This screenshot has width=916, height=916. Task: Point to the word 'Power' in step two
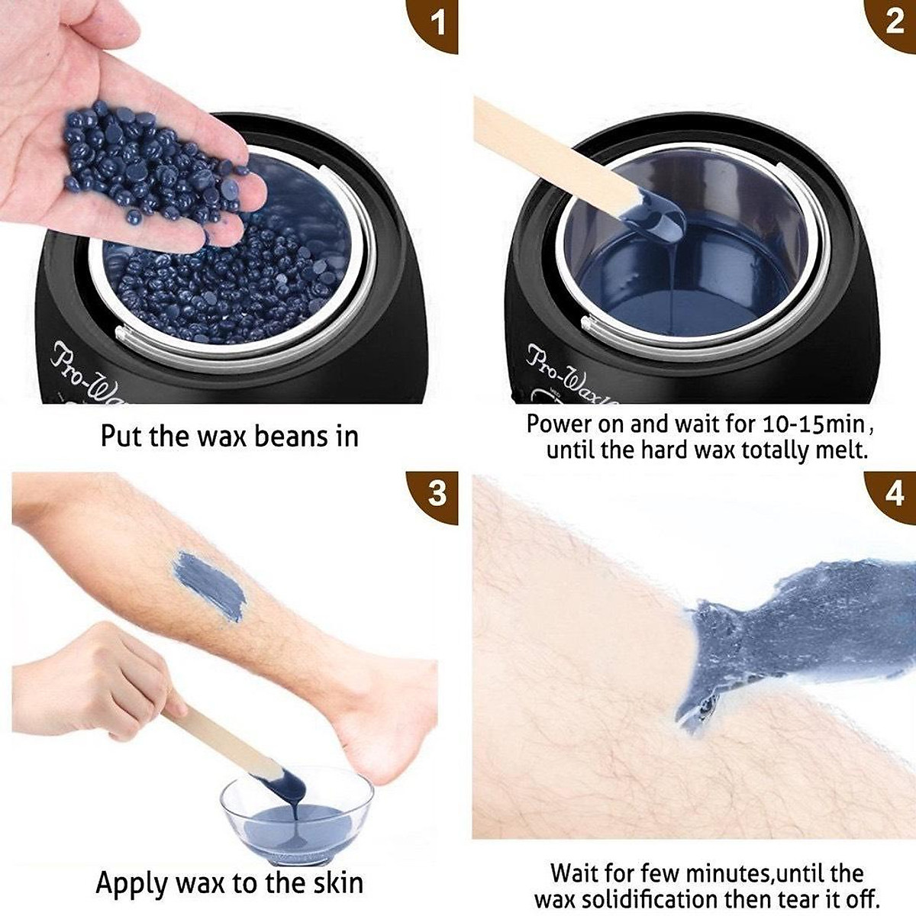[x=560, y=424]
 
